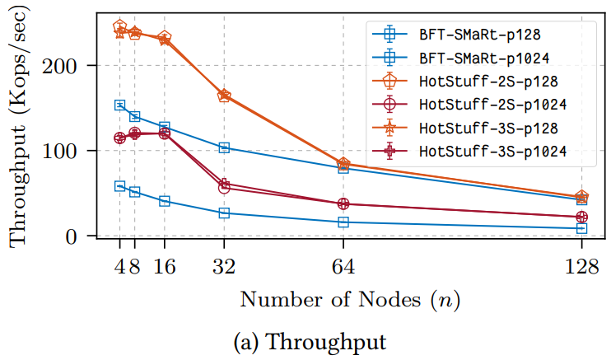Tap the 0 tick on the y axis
tap(83, 236)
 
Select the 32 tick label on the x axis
tap(224, 266)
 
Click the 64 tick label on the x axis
tap(343, 266)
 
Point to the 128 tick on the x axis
tap(582, 266)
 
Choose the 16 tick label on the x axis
tap(165, 266)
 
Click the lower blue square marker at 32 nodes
tap(224, 213)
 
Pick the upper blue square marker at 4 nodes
tap(119, 105)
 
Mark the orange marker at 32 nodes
tap(224, 96)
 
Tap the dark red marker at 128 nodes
tap(582, 217)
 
